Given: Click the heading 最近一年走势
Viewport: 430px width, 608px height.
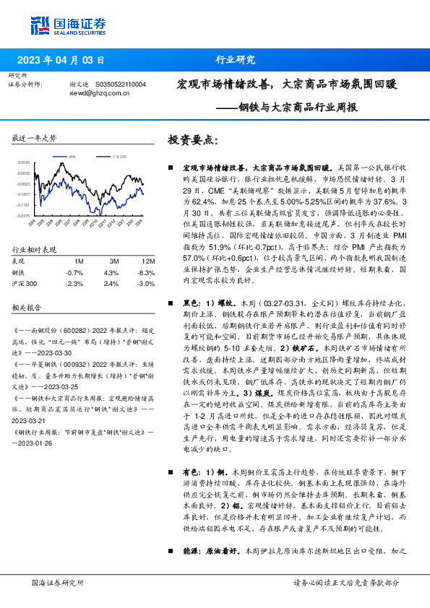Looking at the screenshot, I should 35,138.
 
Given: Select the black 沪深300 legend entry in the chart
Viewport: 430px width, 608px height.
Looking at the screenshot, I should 116,155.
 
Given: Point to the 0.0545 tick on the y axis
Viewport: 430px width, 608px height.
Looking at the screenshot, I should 24,163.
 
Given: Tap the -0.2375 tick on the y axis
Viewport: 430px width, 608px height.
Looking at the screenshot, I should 24,215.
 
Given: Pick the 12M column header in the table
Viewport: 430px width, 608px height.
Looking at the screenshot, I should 148,260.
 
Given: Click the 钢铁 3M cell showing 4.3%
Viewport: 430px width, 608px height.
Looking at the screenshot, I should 111,272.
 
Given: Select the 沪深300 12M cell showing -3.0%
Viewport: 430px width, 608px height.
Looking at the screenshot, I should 147,284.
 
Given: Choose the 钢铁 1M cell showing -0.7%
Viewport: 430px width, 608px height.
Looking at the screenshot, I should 74,272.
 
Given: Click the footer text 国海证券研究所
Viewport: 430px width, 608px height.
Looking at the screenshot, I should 59,583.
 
